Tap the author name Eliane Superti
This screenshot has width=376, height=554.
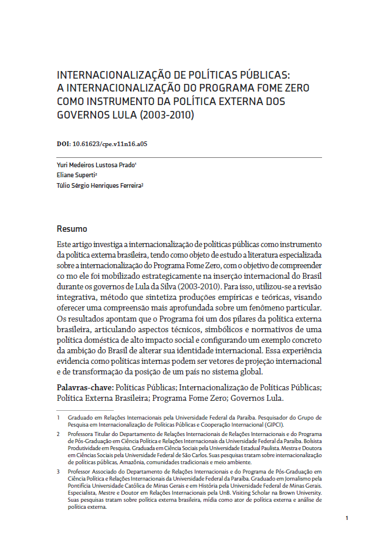click(x=76, y=175)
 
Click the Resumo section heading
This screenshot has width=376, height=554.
click(x=72, y=228)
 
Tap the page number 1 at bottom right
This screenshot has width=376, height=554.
click(x=347, y=518)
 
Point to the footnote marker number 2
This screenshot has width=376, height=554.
click(x=59, y=434)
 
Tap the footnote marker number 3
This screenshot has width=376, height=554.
click(x=59, y=471)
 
